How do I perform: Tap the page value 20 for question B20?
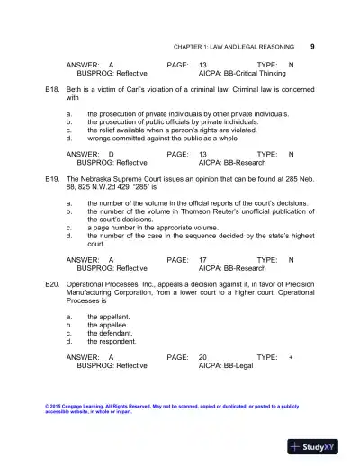(203, 358)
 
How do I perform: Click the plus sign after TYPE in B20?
(291, 358)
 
